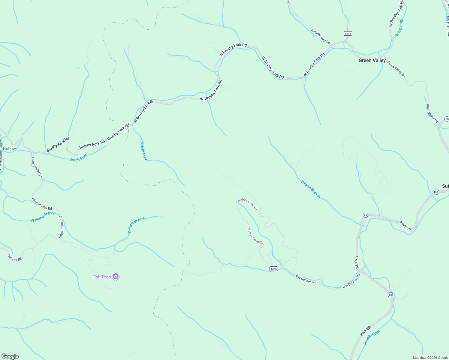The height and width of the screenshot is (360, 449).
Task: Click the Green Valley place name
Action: point(372,60)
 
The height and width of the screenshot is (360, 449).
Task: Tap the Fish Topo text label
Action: point(101,277)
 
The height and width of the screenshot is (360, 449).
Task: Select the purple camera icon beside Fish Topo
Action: point(116,277)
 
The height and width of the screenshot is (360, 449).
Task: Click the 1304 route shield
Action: point(348,34)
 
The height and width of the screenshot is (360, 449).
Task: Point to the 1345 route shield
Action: point(273,269)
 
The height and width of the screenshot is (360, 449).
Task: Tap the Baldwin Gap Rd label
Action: point(321,36)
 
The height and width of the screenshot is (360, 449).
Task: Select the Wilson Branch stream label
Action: point(311,189)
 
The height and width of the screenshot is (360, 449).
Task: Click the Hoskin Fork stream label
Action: point(372,337)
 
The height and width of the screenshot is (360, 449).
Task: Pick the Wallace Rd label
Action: point(15,257)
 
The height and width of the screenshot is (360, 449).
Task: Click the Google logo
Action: point(10,356)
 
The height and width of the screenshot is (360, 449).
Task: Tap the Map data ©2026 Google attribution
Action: point(430,358)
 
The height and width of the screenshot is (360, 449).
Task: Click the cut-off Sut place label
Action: point(445,186)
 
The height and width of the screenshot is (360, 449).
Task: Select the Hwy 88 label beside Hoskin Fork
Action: point(365,331)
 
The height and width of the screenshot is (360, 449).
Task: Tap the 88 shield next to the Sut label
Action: point(436,192)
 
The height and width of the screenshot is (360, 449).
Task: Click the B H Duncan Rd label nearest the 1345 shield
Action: point(306,279)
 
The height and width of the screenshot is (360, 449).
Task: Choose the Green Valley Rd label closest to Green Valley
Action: point(396,69)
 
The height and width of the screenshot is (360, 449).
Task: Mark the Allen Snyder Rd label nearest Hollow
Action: point(37,167)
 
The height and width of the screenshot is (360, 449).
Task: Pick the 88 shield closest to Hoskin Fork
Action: point(390,295)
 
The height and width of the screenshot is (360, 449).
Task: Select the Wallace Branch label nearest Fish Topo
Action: point(136,226)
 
